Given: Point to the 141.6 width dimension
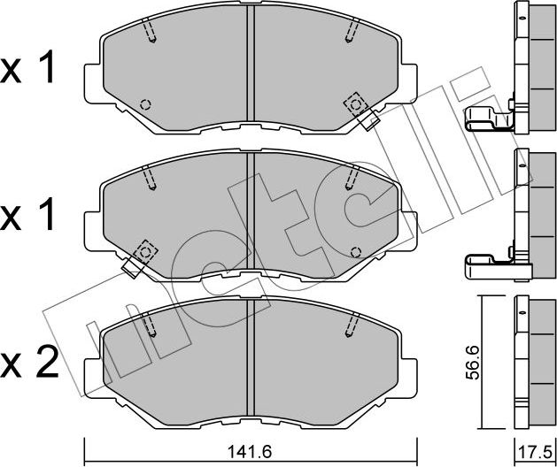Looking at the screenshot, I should tap(251, 450).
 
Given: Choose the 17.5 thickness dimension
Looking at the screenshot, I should tap(534, 450).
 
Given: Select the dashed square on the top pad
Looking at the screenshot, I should tap(357, 104).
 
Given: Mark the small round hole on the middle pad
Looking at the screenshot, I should tap(356, 250).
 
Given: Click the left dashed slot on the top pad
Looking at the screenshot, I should tap(152, 33).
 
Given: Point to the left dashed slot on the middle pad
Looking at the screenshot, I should tap(152, 180).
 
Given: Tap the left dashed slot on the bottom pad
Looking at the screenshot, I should tap(152, 327).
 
